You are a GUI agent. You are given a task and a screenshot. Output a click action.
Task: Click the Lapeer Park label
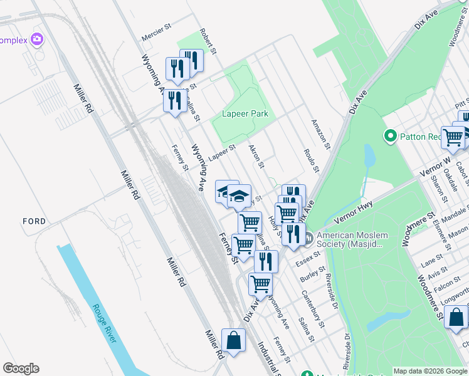pos(245,113)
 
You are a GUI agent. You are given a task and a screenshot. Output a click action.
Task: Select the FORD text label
pos(34,221)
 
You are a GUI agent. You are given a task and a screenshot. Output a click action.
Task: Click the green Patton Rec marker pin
pos(390,136)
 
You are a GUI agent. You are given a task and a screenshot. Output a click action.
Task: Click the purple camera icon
pos(37,39)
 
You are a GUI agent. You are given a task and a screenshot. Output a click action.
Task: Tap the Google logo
pos(21,368)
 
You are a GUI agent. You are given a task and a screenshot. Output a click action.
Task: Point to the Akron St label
pos(257,157)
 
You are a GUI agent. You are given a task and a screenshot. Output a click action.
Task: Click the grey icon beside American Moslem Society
pos(310,239)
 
